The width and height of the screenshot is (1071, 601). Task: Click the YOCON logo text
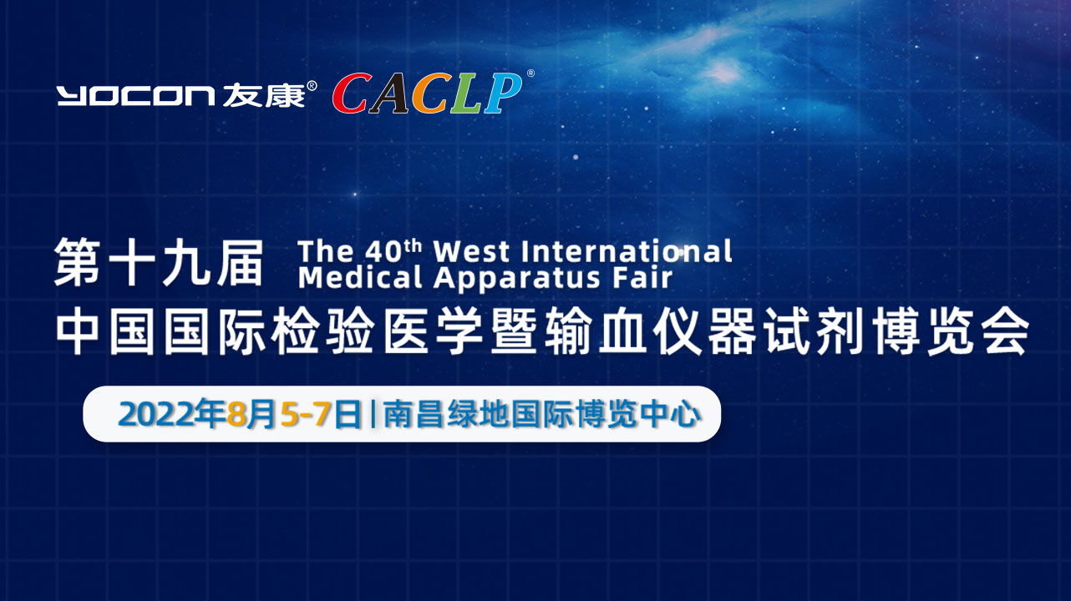136,95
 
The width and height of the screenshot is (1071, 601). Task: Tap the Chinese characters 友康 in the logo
263,94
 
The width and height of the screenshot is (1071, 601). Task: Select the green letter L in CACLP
467,93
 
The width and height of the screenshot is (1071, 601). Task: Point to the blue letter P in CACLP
503,93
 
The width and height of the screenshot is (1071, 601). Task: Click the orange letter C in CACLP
431,93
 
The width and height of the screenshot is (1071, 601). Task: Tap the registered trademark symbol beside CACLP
530,73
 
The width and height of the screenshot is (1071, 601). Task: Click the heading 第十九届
159,262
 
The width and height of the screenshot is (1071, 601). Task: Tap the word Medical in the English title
360,278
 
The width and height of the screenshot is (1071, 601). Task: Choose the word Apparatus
516,279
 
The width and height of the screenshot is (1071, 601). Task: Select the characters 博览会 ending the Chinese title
951,331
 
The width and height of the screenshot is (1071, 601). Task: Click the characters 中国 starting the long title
108,331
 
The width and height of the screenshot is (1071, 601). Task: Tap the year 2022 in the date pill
158,414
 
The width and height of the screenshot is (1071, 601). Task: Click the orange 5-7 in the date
305,414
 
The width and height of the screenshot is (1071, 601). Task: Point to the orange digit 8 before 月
236,414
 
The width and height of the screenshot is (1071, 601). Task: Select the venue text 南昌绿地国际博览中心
542,414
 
